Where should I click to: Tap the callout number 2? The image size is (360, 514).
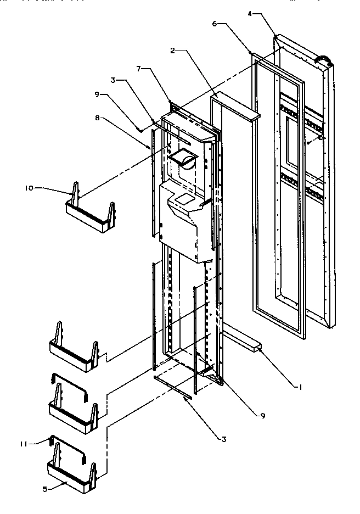[x=173, y=50]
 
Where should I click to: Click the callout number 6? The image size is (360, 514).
[x=215, y=24]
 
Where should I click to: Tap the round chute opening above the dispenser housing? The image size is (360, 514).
[x=184, y=160]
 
